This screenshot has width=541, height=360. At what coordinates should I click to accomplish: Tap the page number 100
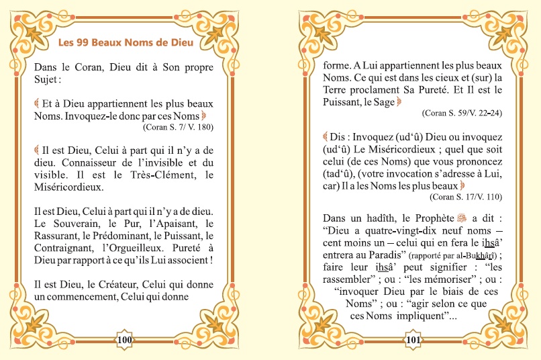125,340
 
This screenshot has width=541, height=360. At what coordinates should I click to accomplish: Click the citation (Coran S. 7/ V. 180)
178,126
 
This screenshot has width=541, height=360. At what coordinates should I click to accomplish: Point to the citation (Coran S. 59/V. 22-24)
462,113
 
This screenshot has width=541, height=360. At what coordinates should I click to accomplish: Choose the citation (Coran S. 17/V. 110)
466,197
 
